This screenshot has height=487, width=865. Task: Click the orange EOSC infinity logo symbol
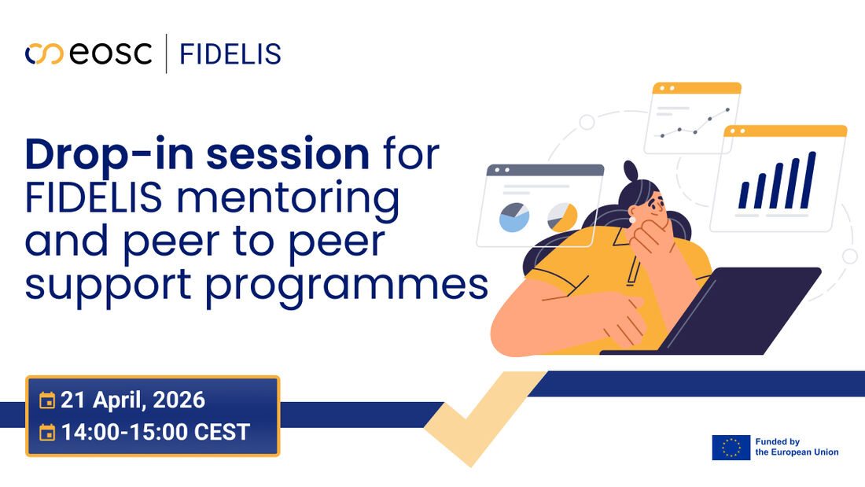pos(43,54)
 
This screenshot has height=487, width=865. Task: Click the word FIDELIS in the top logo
pos(230,54)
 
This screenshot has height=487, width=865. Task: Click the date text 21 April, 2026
pos(133,400)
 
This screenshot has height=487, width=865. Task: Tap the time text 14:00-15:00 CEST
pos(155,431)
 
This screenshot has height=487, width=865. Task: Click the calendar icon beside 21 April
pos(47,400)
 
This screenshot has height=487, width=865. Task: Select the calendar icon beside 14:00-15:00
pos(47,432)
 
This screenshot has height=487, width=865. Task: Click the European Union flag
pos(731,447)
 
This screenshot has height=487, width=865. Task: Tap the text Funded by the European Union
pos(796,447)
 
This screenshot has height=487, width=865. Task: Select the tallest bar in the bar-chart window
pos(810,179)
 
